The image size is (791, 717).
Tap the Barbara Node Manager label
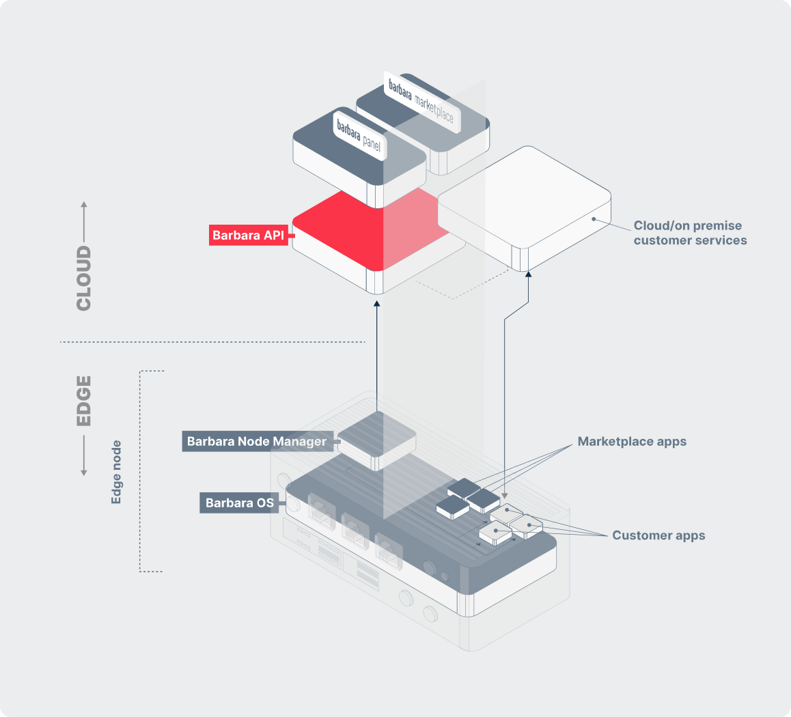click(257, 441)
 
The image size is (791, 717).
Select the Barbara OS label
click(240, 503)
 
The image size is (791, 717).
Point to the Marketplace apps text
click(632, 441)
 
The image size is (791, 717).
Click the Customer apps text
click(658, 535)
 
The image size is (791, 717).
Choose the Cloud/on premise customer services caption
click(690, 233)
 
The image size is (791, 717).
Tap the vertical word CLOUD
click(84, 279)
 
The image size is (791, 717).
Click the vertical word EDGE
click(84, 400)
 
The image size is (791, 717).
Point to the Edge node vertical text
click(117, 472)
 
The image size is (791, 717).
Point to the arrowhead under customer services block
click(528, 276)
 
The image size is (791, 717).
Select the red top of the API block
click(355, 229)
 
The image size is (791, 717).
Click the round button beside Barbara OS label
click(293, 504)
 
